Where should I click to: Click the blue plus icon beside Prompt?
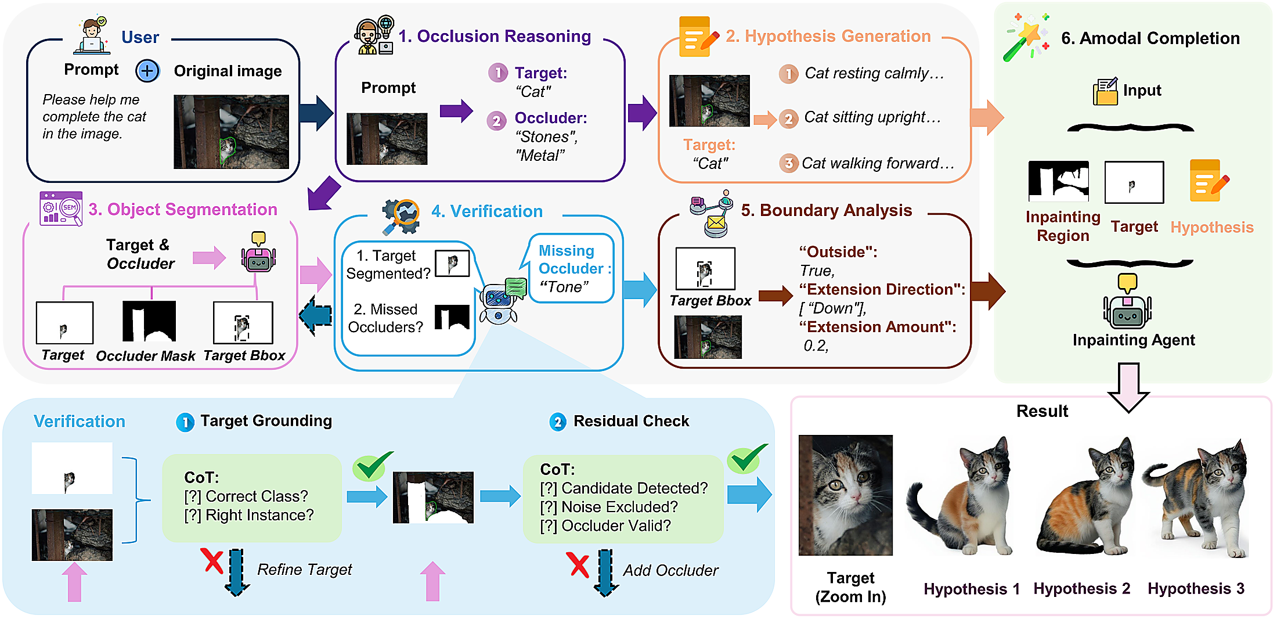(x=147, y=71)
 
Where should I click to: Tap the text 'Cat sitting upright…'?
(x=872, y=117)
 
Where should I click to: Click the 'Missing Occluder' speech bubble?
(x=572, y=268)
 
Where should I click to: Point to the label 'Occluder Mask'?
(x=145, y=356)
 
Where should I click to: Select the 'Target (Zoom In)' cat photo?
(x=845, y=495)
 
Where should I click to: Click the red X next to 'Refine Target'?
(x=212, y=562)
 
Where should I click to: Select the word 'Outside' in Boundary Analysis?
(x=838, y=252)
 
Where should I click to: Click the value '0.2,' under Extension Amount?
(x=816, y=346)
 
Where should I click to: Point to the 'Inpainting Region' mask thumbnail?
(x=1058, y=181)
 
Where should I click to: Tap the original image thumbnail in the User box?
(x=231, y=132)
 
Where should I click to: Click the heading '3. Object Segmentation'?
(x=183, y=209)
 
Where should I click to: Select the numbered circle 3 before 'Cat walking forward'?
(x=788, y=163)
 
